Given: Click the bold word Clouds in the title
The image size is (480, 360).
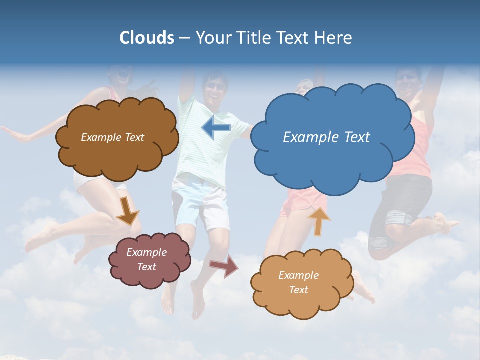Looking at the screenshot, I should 147,38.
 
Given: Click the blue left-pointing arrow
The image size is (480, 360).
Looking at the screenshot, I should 216,128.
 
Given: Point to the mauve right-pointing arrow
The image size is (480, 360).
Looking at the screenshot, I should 223,266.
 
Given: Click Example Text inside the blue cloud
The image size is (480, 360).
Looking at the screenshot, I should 326,137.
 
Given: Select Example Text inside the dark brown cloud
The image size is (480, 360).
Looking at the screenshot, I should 112,137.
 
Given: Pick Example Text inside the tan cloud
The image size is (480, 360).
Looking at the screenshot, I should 298,282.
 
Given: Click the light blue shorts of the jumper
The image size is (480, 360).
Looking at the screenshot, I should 200,202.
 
